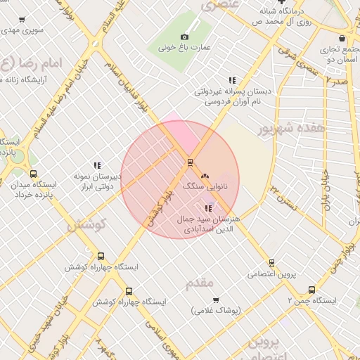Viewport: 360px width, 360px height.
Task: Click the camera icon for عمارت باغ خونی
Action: coord(184,37)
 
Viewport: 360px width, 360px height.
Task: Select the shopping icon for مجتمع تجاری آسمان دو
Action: coord(342,38)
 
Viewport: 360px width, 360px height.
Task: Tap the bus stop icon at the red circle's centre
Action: coord(190,162)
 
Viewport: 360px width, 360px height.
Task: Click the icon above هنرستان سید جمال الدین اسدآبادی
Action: coord(207,208)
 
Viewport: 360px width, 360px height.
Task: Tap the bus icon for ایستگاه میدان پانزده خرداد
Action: coord(32,174)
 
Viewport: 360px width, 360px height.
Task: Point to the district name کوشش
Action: coord(86,226)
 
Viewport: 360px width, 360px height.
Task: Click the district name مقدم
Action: coord(199,283)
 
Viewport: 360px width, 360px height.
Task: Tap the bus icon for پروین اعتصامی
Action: coord(271,263)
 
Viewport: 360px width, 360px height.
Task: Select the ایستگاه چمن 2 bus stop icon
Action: coord(311,289)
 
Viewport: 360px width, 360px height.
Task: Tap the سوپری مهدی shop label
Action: coord(24,30)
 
